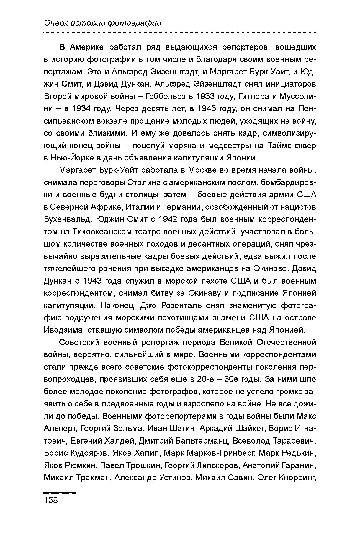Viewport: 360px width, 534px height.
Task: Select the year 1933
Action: pyautogui.click(x=205, y=97)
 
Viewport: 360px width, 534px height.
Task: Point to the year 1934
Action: pyautogui.click(x=81, y=109)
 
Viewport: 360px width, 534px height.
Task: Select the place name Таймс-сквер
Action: pyautogui.click(x=292, y=146)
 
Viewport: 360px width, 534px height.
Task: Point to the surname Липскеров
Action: pyautogui.click(x=218, y=465)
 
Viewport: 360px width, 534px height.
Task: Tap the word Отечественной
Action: pyautogui.click(x=286, y=343)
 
